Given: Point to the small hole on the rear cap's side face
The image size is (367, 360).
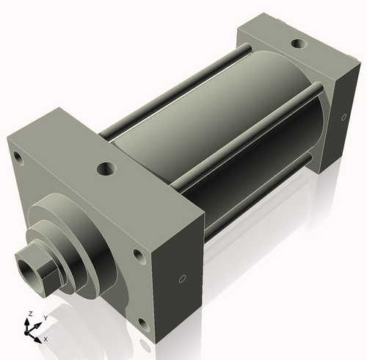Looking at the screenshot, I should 344,117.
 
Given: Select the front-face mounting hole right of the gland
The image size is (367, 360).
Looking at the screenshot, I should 137,256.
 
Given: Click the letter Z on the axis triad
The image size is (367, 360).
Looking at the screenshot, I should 29,314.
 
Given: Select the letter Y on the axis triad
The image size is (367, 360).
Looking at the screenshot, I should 45,317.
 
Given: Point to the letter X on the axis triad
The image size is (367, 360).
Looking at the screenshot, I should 46,339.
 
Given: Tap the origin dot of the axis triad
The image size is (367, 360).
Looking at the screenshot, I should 31,330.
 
